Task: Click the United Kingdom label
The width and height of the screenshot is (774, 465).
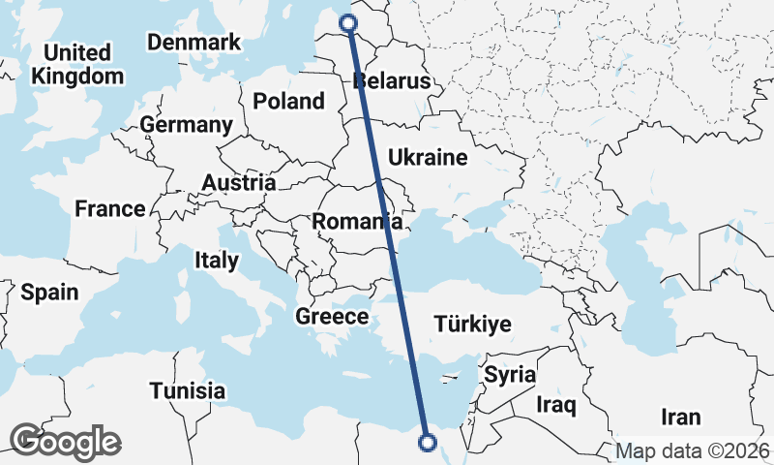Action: (x=76, y=64)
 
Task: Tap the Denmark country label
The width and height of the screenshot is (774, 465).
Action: (x=193, y=43)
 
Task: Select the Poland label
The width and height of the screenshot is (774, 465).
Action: (x=288, y=101)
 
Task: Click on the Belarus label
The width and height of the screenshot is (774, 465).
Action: (x=391, y=81)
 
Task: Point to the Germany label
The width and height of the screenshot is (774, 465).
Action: (x=186, y=125)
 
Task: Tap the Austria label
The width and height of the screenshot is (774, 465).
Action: (x=239, y=182)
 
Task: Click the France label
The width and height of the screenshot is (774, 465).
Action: (x=110, y=208)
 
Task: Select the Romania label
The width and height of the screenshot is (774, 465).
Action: (x=350, y=222)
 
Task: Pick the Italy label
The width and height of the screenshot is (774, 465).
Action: (x=216, y=260)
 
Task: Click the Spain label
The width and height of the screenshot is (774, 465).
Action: (x=49, y=292)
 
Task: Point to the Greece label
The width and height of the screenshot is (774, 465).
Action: (x=332, y=317)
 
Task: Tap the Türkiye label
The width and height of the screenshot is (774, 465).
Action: (x=472, y=325)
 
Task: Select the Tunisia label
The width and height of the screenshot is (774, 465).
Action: (x=188, y=391)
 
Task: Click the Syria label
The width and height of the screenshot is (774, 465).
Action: (x=509, y=374)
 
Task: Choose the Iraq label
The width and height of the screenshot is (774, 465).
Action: (x=556, y=402)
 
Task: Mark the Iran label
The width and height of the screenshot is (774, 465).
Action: (x=680, y=418)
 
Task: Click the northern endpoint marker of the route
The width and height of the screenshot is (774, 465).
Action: (x=349, y=22)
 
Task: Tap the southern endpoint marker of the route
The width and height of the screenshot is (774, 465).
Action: (x=427, y=444)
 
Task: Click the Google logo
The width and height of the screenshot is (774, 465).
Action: (x=66, y=442)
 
